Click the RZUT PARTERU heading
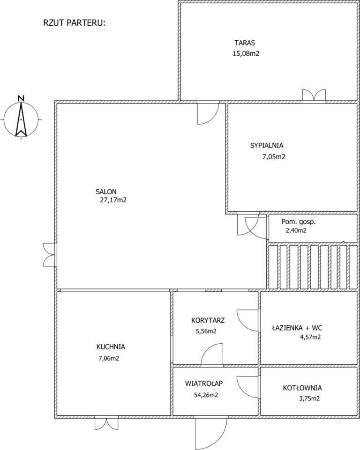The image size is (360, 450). [75, 23]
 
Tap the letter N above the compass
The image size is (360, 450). [21, 97]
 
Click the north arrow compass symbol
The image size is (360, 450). [21, 119]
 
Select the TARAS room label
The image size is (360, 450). [245, 43]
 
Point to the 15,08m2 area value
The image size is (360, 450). [246, 54]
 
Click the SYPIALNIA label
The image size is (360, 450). [267, 146]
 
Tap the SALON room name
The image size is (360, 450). [106, 192]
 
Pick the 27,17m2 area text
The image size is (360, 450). [113, 200]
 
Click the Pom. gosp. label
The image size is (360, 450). [299, 222]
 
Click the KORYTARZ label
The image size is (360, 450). [208, 320]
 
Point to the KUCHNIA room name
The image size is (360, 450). [111, 347]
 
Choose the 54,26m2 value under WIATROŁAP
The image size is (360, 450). [206, 395]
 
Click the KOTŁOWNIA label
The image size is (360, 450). [302, 388]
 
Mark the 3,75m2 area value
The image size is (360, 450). [309, 398]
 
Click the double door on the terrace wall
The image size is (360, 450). [314, 95]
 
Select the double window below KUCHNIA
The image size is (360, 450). [106, 423]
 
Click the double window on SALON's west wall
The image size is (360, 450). [49, 255]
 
